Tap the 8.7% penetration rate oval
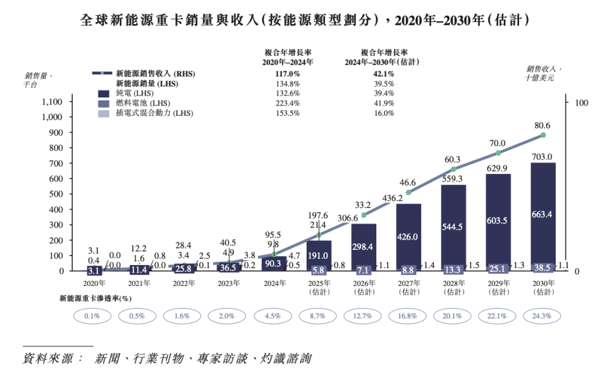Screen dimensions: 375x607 (318, 316)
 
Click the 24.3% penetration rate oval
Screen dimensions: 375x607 (543, 316)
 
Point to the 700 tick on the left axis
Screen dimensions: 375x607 (56, 163)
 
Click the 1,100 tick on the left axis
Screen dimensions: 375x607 (52, 102)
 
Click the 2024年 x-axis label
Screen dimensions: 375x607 (273, 283)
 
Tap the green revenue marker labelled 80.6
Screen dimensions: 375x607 (543, 135)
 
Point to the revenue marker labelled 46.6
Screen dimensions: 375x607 (408, 192)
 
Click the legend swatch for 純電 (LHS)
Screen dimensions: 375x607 (104, 94)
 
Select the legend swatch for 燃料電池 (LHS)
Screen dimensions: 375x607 (104, 104)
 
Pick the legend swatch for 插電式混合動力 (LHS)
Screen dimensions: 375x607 (104, 114)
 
